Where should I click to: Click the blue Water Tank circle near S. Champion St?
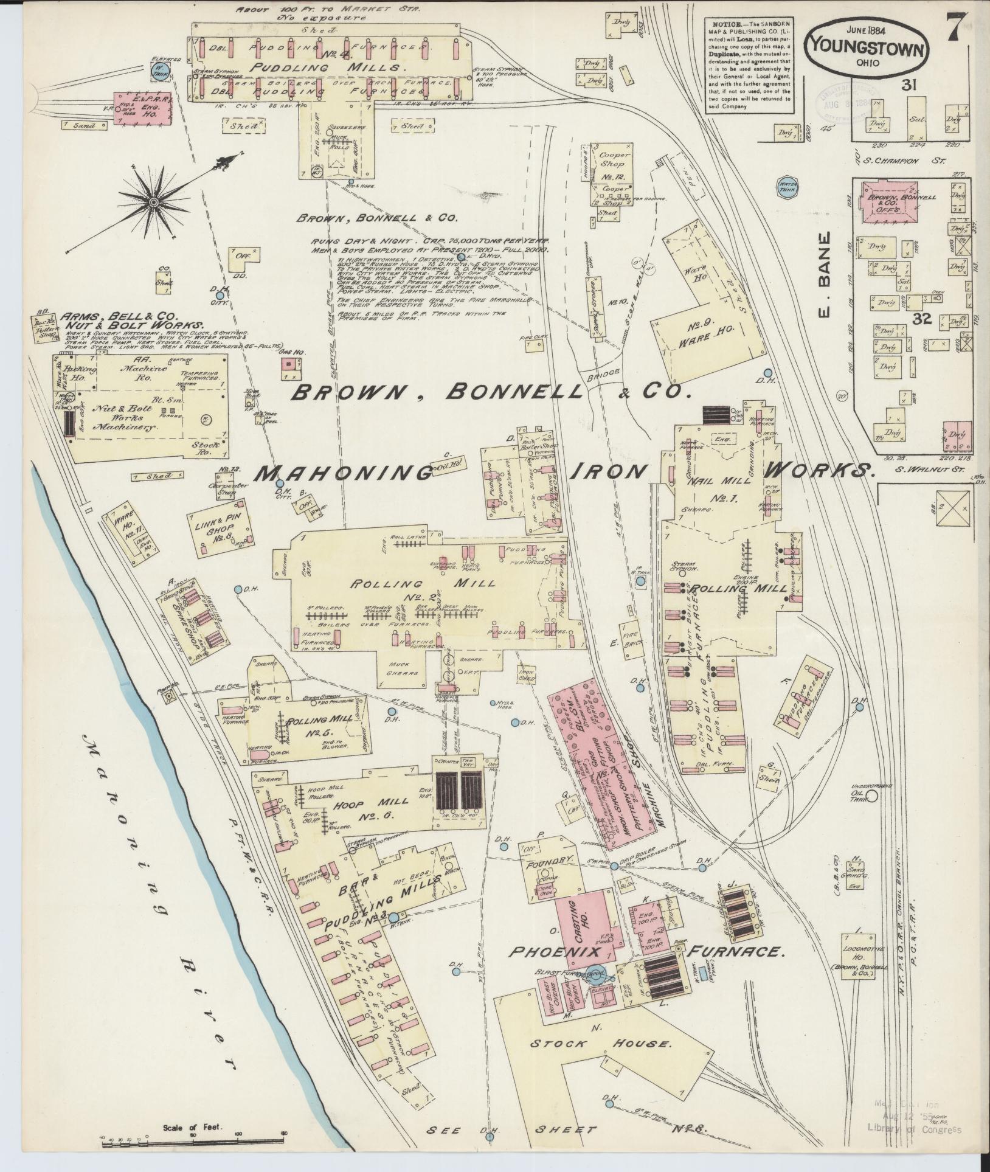[788, 186]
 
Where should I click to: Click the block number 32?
[922, 319]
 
